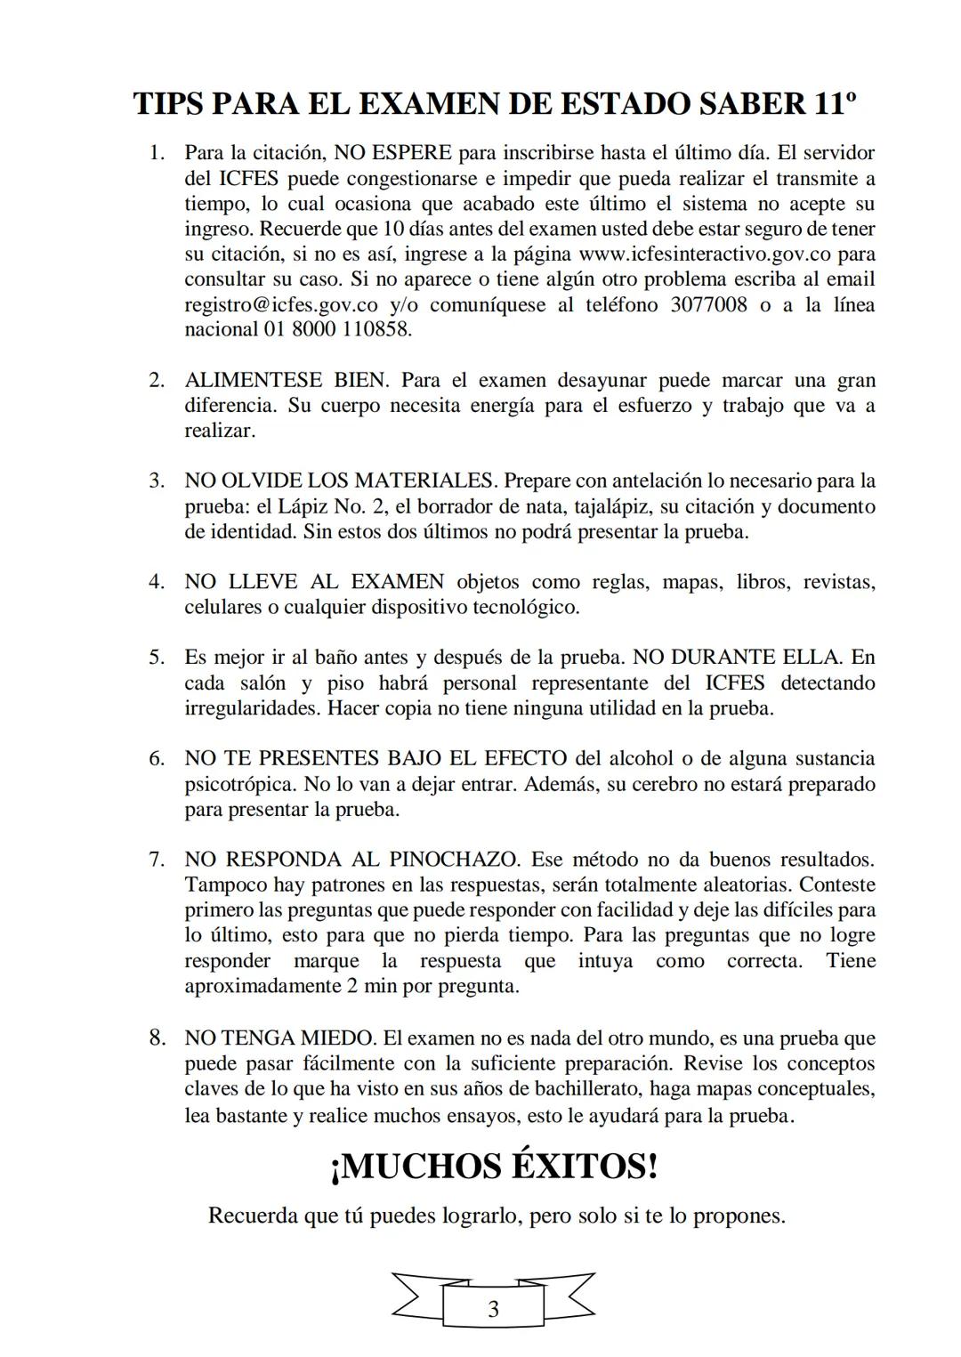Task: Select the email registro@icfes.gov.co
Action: click(x=282, y=304)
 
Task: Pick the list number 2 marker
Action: click(x=157, y=381)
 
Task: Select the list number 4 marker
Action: click(x=157, y=582)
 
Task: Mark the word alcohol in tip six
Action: click(x=641, y=759)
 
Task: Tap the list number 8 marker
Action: click(x=157, y=1038)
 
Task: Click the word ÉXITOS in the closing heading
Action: click(x=584, y=1166)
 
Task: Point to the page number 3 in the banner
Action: click(x=493, y=1309)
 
